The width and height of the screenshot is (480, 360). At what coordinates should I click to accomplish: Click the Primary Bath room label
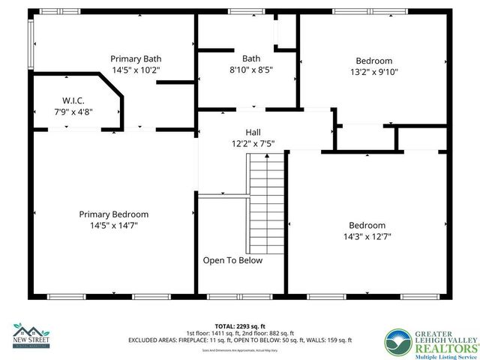point(136,58)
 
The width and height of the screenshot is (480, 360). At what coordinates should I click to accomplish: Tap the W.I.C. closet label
point(73,100)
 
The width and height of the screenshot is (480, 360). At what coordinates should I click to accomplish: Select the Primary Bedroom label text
point(114,214)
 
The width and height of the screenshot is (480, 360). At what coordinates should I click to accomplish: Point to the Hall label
point(242,130)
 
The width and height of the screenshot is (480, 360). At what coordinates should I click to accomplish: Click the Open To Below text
point(232,260)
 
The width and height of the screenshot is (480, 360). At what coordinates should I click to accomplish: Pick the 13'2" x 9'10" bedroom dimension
point(373,72)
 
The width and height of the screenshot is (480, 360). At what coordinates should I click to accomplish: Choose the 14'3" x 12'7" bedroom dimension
point(367,236)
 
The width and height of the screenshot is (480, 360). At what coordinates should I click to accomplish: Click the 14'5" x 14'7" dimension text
point(114,225)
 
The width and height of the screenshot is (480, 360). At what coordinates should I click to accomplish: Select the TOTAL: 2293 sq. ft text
point(240,326)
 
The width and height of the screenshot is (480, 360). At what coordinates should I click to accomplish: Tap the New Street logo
point(30,335)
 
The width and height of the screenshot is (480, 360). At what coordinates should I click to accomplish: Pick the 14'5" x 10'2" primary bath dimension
point(136,70)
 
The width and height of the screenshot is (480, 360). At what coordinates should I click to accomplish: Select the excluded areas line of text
point(240,340)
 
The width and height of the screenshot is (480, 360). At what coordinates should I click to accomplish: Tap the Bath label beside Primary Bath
point(250,58)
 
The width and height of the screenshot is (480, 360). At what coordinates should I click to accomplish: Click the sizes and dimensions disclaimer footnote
point(240,349)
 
